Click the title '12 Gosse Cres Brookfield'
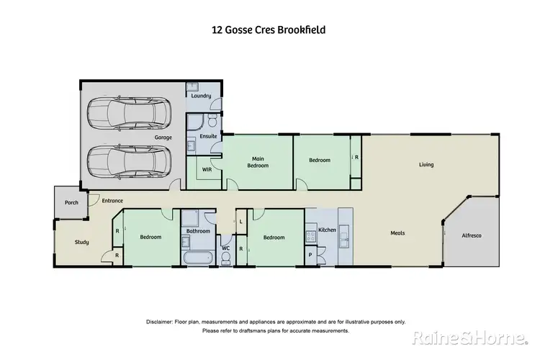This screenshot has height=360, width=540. (270, 30)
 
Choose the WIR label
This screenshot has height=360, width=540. (207, 170)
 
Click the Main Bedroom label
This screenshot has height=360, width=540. (258, 162)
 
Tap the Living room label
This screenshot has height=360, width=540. (427, 165)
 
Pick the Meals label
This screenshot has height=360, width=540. (397, 233)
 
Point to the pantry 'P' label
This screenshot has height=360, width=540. (310, 255)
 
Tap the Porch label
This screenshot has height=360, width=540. (71, 202)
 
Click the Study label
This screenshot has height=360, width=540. (81, 242)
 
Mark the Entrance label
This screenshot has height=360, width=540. (112, 201)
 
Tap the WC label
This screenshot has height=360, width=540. (225, 248)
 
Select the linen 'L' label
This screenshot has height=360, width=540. (240, 221)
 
